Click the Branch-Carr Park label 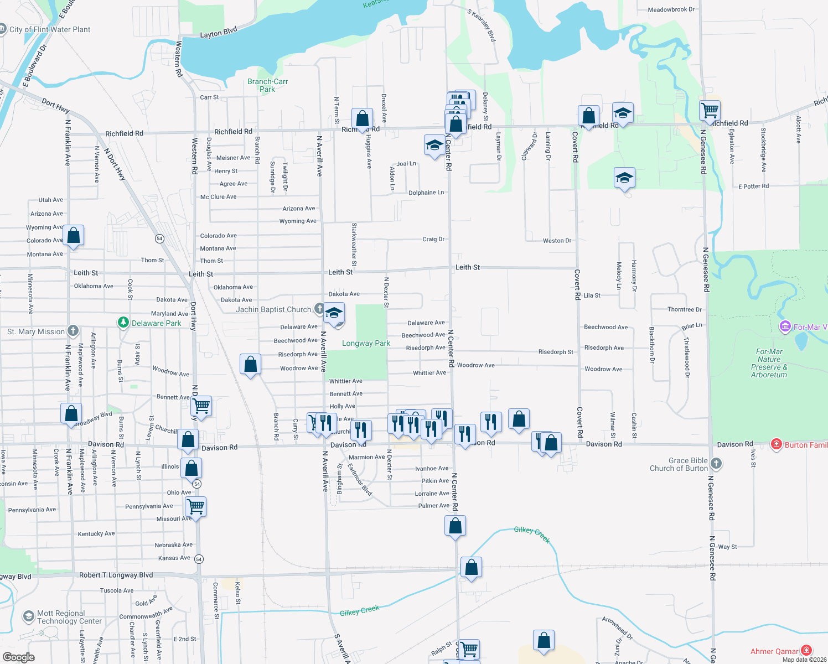pyautogui.click(x=267, y=85)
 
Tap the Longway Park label pyautogui.click(x=366, y=343)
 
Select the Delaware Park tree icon pyautogui.click(x=123, y=323)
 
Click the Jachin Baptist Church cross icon pyautogui.click(x=319, y=309)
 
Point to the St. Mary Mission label pyautogui.click(x=36, y=331)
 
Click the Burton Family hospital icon pyautogui.click(x=777, y=444)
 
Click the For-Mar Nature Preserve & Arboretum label pyautogui.click(x=769, y=363)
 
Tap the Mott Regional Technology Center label pyautogui.click(x=69, y=617)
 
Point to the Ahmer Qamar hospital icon pyautogui.click(x=806, y=651)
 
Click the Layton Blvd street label pyautogui.click(x=218, y=33)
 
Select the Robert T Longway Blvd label pyautogui.click(x=116, y=575)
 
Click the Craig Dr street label pyautogui.click(x=433, y=239)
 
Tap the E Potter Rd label pyautogui.click(x=753, y=186)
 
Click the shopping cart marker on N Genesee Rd pyautogui.click(x=710, y=110)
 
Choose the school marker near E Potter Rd pyautogui.click(x=624, y=178)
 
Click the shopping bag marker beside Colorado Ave pyautogui.click(x=73, y=235)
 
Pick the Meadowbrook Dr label pyautogui.click(x=671, y=9)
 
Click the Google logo pyautogui.click(x=18, y=657)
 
